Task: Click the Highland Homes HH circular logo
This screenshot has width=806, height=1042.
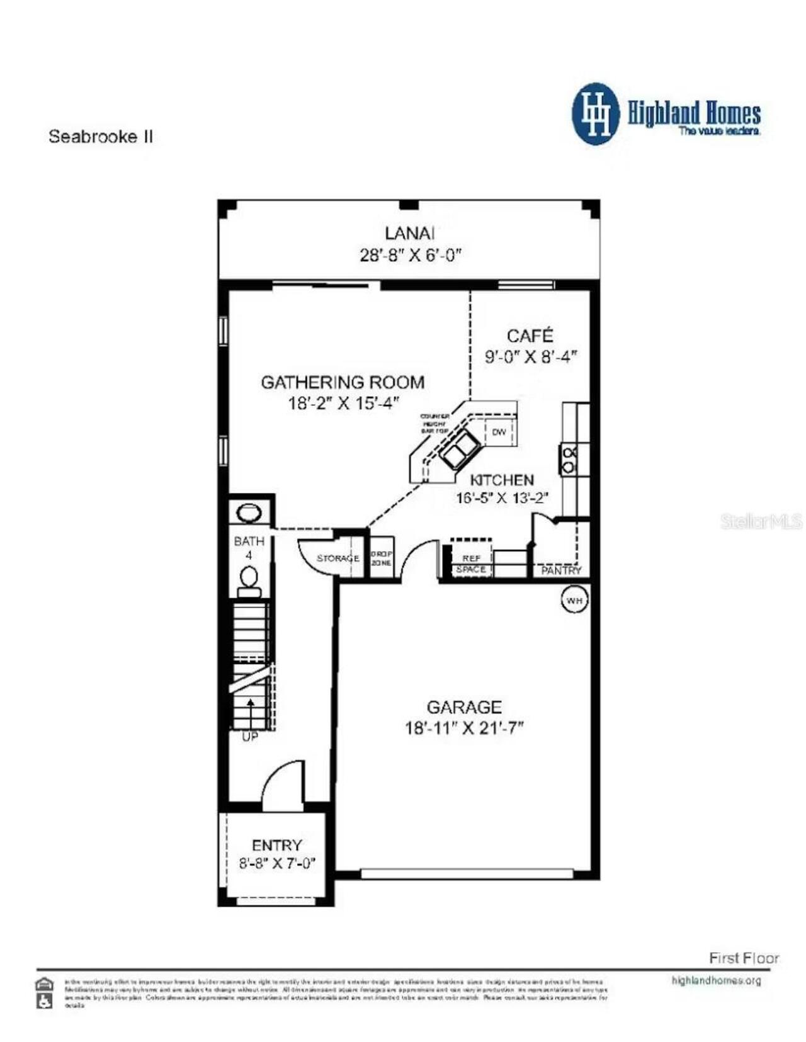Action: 595,114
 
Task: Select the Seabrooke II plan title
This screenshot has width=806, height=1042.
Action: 101,137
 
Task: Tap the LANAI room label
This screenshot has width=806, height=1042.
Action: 409,233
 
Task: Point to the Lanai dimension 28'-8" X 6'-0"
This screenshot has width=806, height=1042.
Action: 411,255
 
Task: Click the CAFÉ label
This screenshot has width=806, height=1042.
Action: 530,335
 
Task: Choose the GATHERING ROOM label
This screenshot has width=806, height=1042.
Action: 343,382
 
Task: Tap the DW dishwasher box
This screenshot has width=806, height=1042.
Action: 499,432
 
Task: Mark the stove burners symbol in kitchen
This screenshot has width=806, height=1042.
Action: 569,460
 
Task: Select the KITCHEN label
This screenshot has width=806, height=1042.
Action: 502,480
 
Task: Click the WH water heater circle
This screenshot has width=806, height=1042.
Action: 574,600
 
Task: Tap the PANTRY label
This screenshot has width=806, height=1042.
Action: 561,570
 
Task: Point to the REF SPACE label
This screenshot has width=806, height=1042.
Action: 471,563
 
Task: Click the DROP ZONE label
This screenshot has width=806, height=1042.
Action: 381,558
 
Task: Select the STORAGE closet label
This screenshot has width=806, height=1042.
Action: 338,558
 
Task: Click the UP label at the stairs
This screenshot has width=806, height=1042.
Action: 250,736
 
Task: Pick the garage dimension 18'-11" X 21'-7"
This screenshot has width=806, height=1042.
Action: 464,728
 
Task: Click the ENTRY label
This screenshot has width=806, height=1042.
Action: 276,845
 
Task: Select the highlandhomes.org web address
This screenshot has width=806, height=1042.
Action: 716,980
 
